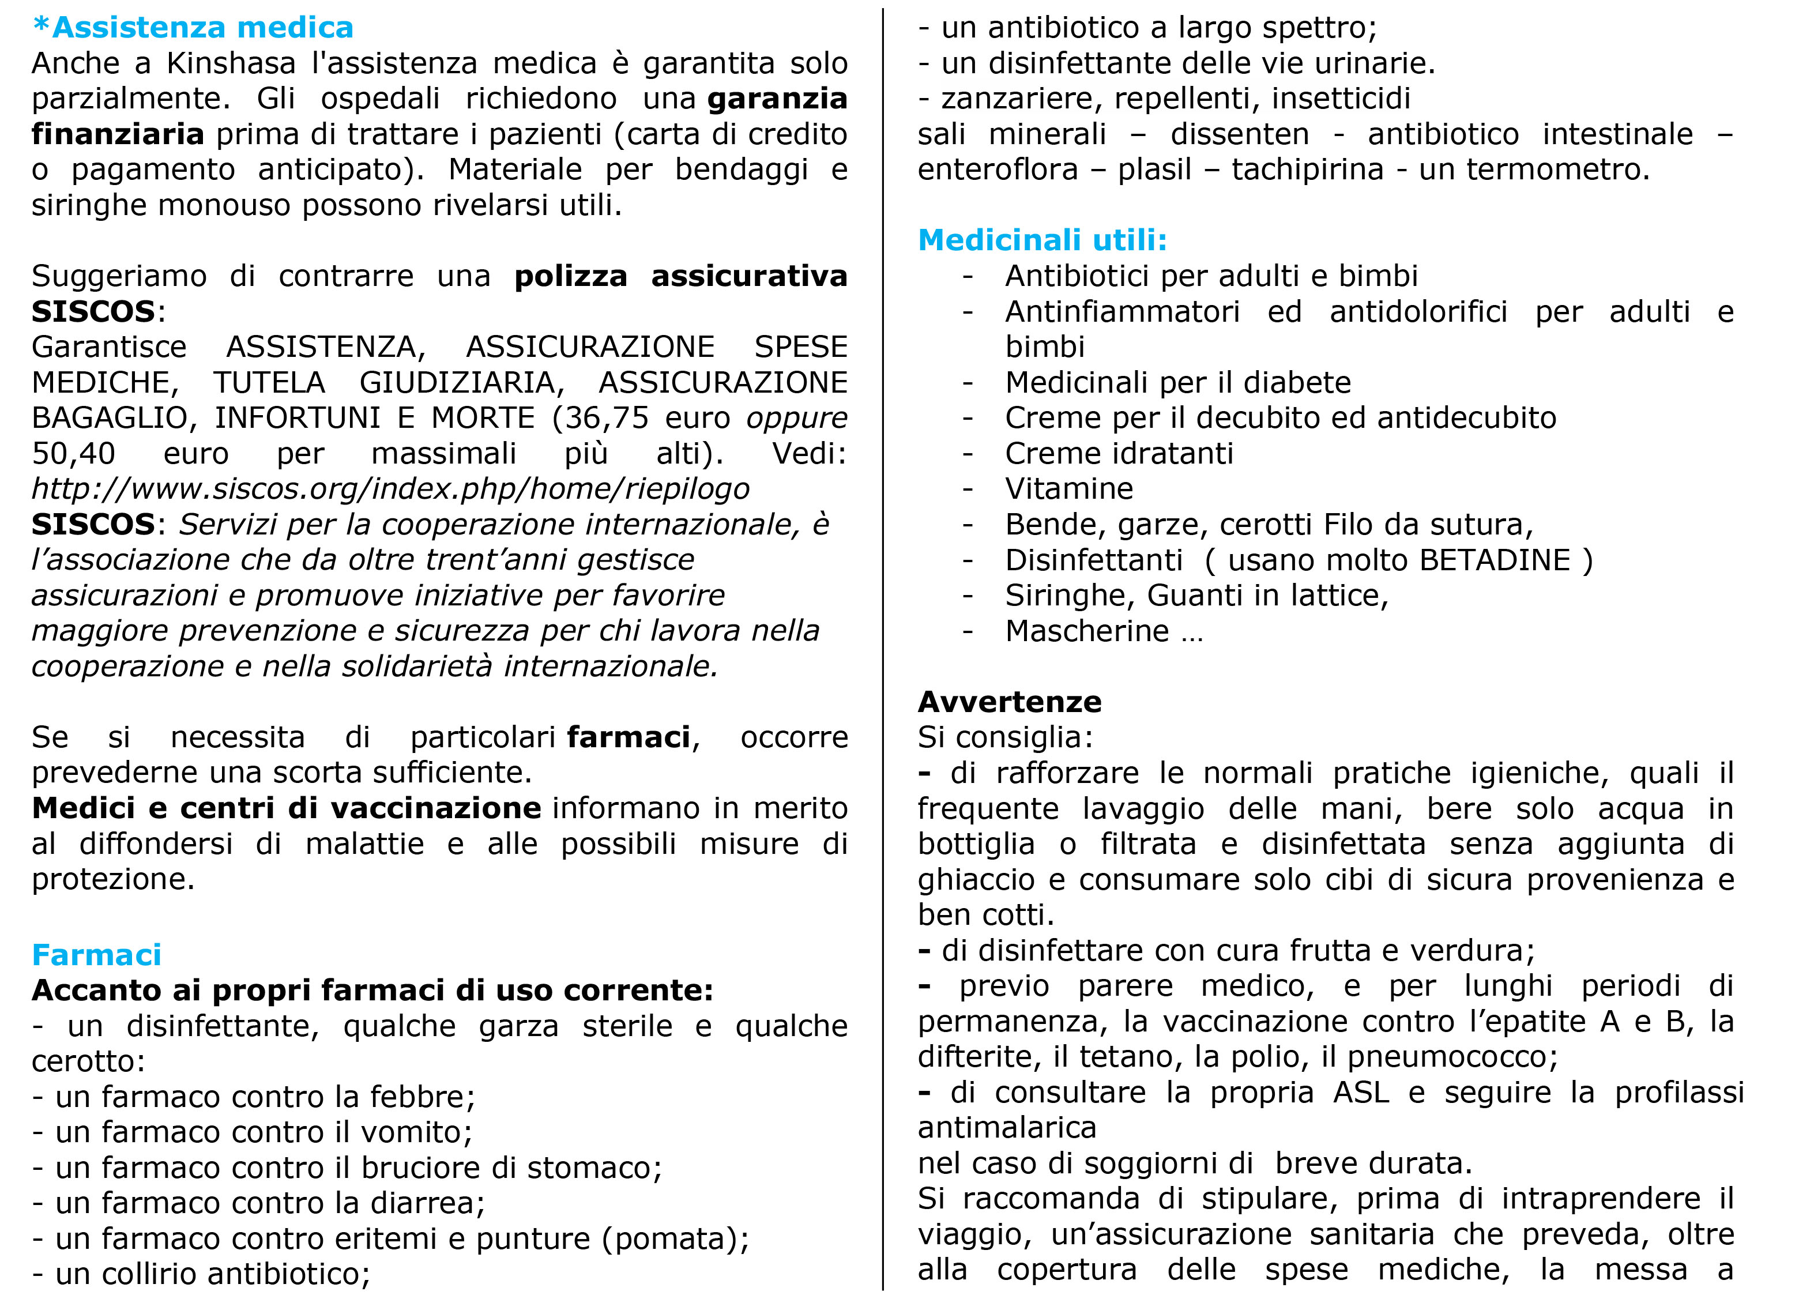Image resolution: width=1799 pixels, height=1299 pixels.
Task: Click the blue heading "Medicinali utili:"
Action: tap(1042, 240)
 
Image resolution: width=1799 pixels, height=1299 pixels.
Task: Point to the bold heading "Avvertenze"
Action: tap(1010, 702)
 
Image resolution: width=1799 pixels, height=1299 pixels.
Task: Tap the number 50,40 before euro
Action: tap(73, 454)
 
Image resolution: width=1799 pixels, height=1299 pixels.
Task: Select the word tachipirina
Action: tap(1307, 170)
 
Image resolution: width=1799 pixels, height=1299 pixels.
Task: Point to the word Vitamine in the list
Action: tap(1069, 490)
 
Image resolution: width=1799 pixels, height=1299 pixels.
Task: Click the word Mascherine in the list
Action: tap(1087, 631)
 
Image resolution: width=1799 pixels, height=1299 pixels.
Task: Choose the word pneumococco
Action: tap(1451, 1057)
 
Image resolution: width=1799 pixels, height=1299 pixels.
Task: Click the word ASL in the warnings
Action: tap(1361, 1093)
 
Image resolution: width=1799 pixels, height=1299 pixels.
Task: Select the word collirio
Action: tap(150, 1274)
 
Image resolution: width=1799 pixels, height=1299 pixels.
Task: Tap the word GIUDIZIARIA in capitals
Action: tap(462, 383)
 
